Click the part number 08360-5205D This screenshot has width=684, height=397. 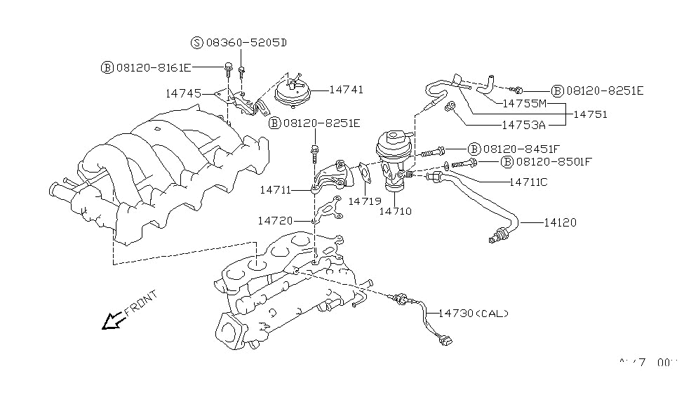pos(246,43)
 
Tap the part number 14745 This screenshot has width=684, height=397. pos(183,93)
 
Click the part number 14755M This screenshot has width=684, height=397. pos(526,102)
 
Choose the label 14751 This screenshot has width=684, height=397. pos(590,114)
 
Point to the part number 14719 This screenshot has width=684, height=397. pos(364,201)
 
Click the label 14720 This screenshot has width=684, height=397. pos(274,220)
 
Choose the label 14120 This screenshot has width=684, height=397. pos(559,223)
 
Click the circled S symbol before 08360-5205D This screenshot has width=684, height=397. pos(196,43)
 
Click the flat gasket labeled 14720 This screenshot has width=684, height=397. pos(325,211)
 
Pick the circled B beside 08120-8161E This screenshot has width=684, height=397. pos(107,67)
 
